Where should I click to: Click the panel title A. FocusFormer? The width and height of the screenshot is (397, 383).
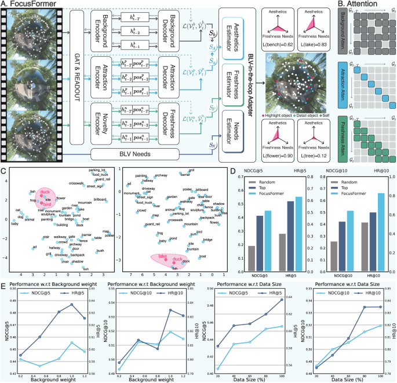tap(26, 5)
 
